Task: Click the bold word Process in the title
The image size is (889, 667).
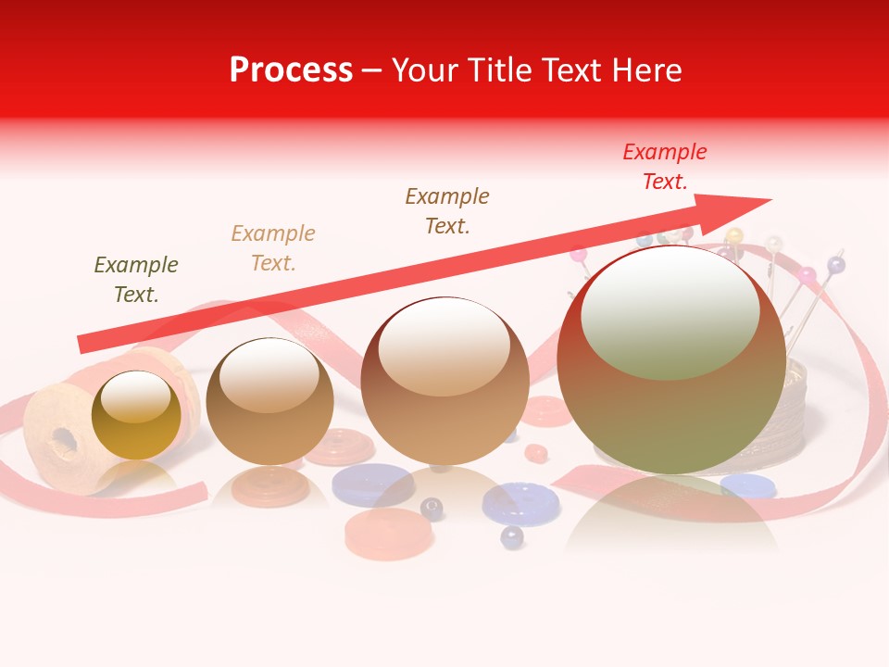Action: (291, 70)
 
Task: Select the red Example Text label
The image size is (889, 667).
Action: (665, 167)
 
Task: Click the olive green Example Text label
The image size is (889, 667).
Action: (136, 279)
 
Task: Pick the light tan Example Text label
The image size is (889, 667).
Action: (273, 247)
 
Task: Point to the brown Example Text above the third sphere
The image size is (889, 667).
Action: (447, 210)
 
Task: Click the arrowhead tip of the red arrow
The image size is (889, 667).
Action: (769, 199)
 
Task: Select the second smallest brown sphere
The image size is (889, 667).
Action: (269, 401)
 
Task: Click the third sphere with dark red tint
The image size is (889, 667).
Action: (444, 381)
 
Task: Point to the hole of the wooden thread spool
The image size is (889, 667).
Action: (64, 440)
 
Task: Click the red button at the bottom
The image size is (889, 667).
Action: (389, 534)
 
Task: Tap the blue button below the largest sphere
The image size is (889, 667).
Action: (748, 485)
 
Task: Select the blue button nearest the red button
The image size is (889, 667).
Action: (373, 484)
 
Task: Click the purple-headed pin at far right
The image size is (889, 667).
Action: (836, 266)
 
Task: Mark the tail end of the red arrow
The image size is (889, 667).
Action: (81, 345)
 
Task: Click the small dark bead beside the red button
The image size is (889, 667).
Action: (432, 508)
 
